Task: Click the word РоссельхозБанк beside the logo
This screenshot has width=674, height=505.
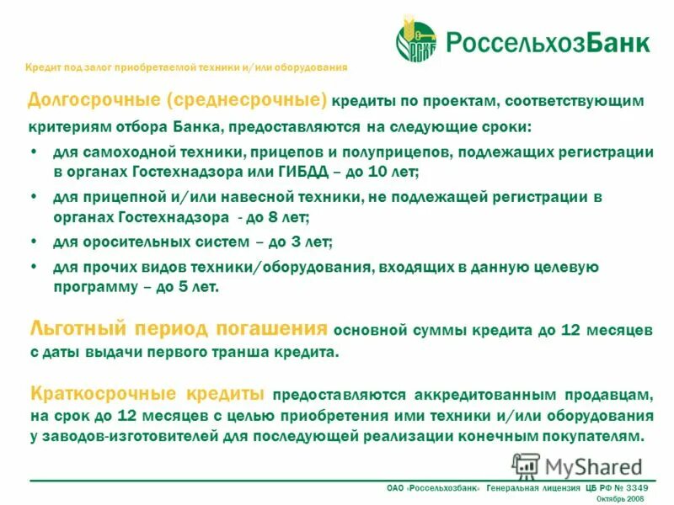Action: coord(547,42)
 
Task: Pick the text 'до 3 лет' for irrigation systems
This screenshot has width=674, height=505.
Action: coord(301,242)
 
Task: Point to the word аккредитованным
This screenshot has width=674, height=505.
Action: coord(485,394)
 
